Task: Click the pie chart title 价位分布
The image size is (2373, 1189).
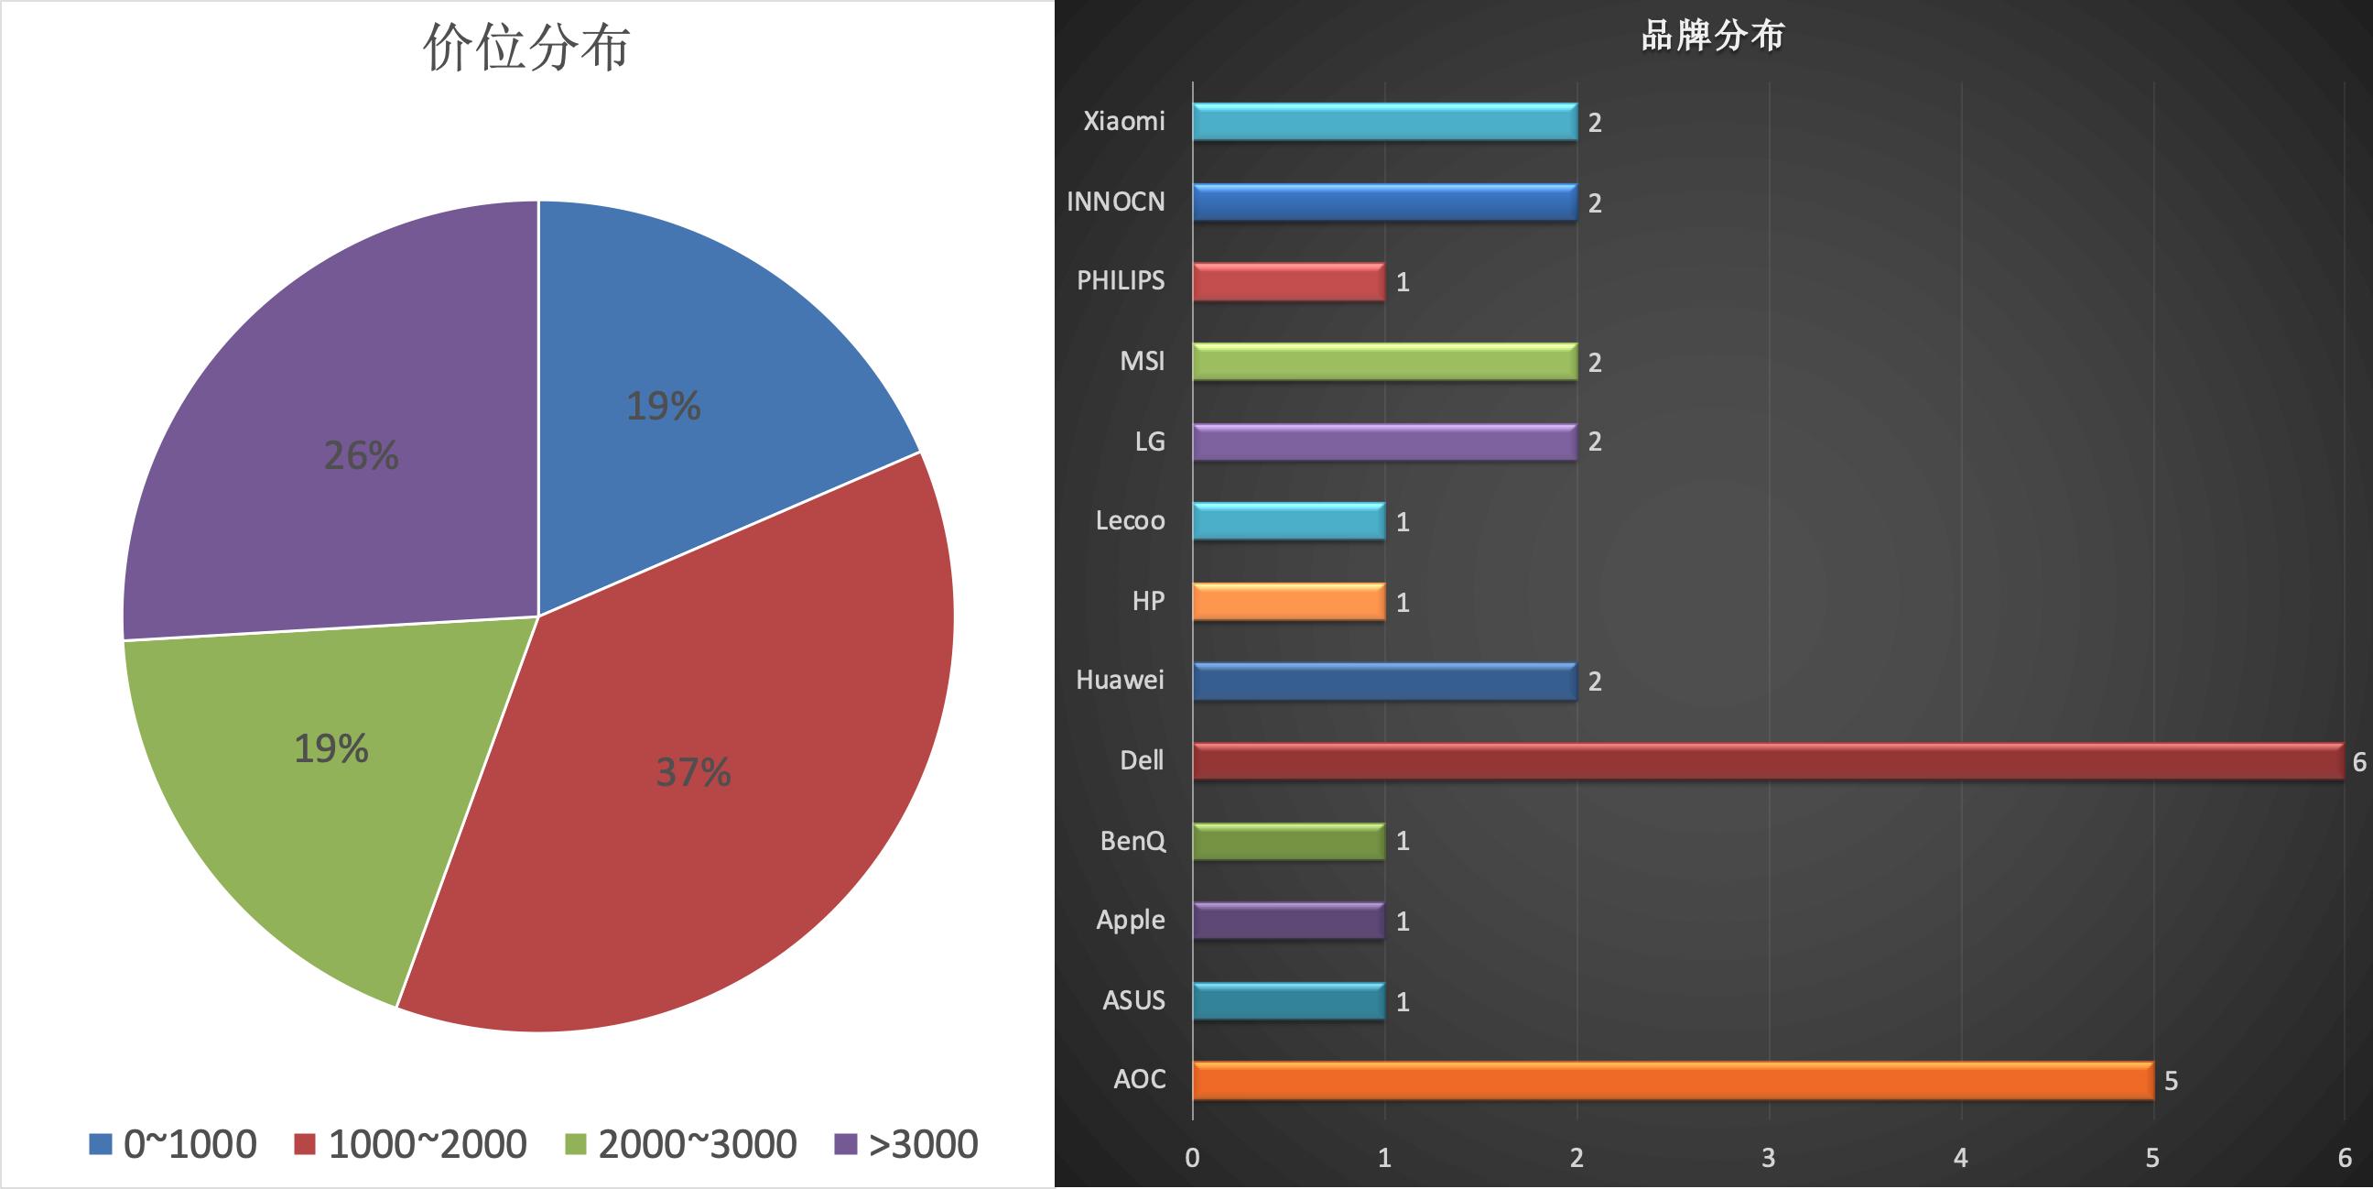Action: point(526,47)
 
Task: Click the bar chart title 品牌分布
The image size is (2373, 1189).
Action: point(1713,35)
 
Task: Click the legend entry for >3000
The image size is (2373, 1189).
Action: point(906,1144)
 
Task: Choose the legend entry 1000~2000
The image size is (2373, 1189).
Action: point(411,1144)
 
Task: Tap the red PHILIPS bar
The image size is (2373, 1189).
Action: point(1288,281)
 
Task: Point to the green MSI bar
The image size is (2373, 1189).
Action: point(1383,361)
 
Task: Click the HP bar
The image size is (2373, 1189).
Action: point(1288,602)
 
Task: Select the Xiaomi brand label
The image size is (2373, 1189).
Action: point(1123,121)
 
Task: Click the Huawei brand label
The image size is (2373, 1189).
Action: point(1120,681)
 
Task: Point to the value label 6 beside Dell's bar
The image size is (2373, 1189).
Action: point(2358,761)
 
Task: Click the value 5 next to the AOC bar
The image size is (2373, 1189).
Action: point(2171,1080)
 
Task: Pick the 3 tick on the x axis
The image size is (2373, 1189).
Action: point(1768,1158)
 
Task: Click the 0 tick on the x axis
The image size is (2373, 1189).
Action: point(1192,1158)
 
